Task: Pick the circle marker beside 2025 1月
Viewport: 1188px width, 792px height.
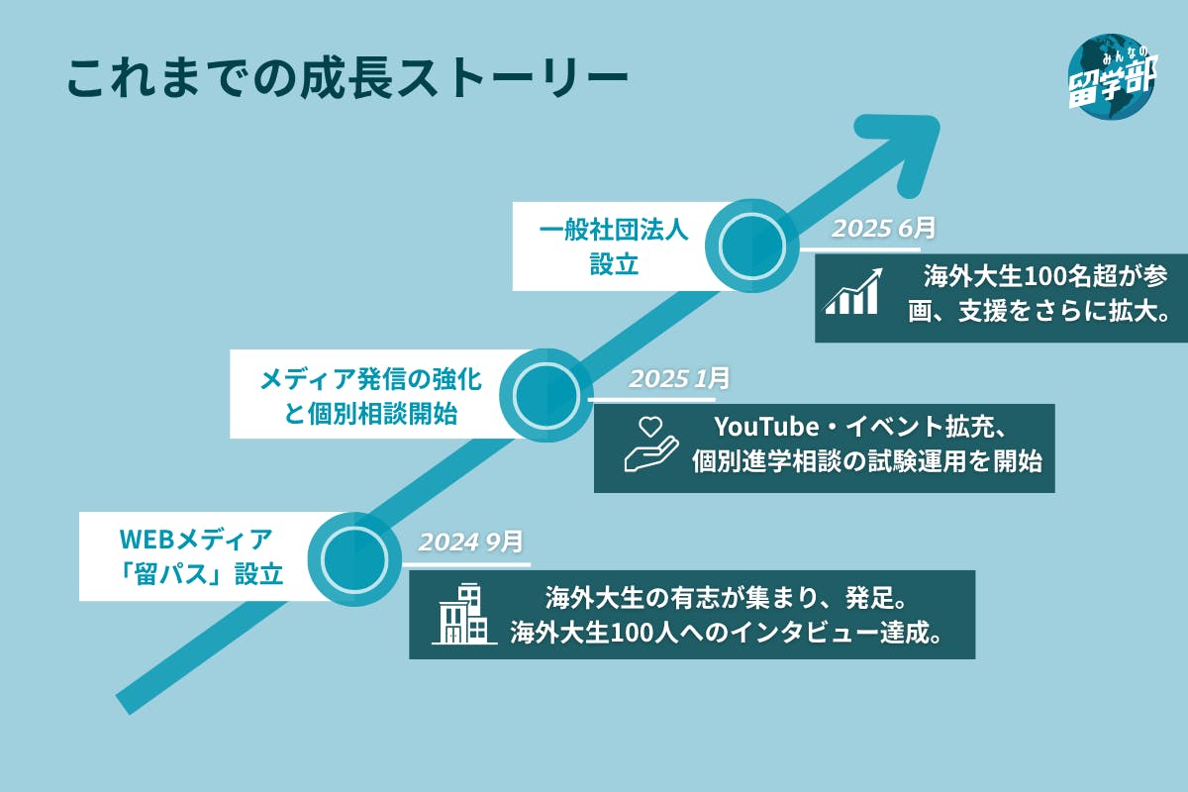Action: (547, 394)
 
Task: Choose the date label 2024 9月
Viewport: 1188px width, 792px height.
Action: (469, 542)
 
